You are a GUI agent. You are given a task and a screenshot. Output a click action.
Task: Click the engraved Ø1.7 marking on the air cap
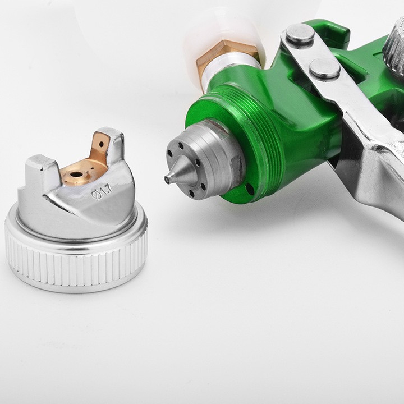click(x=102, y=191)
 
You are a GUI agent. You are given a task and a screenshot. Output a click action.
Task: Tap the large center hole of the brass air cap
click(x=75, y=175)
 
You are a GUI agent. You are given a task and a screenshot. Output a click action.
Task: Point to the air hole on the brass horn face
click(x=102, y=144)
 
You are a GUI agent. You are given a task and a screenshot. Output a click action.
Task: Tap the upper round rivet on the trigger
click(x=300, y=34)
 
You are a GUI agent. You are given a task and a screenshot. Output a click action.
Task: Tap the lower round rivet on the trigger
click(x=325, y=68)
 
